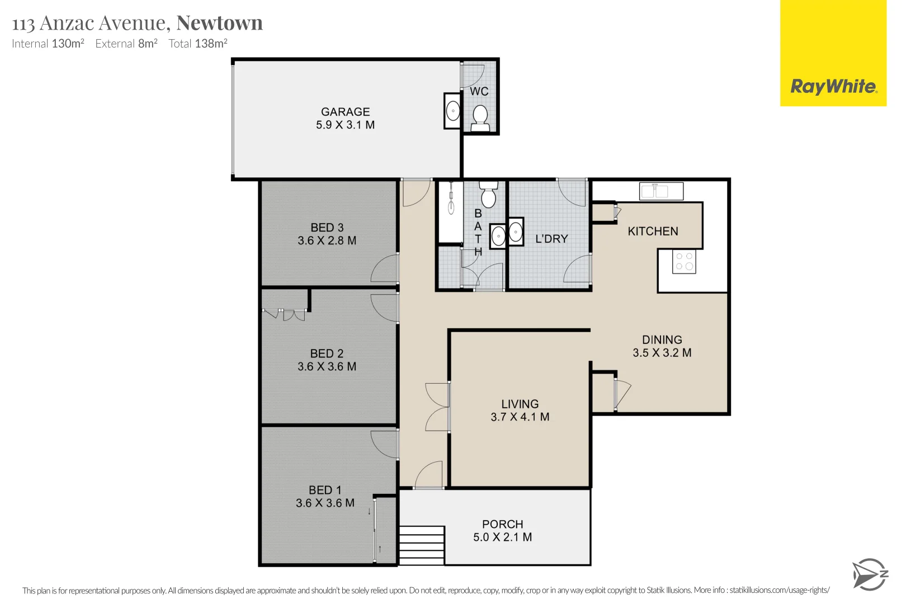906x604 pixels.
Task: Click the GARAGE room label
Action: point(345,112)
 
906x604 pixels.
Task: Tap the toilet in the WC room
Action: point(480,118)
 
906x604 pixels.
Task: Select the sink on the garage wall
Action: point(452,111)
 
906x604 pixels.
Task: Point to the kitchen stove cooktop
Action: point(684,261)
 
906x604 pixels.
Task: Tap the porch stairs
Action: point(422,545)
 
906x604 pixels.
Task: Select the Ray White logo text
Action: point(833,87)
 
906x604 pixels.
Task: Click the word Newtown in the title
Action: point(219,23)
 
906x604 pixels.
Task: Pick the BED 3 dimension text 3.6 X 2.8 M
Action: point(327,240)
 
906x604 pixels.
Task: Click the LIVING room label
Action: point(520,404)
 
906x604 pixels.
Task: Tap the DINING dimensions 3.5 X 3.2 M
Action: point(662,353)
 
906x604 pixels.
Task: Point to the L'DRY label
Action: point(551,239)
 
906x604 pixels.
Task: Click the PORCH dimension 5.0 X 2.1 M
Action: point(502,537)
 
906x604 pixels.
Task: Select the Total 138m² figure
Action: point(198,44)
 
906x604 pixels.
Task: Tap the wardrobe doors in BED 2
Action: point(285,314)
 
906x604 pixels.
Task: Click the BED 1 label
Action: point(325,490)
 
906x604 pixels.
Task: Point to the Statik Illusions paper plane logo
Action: point(870,574)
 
